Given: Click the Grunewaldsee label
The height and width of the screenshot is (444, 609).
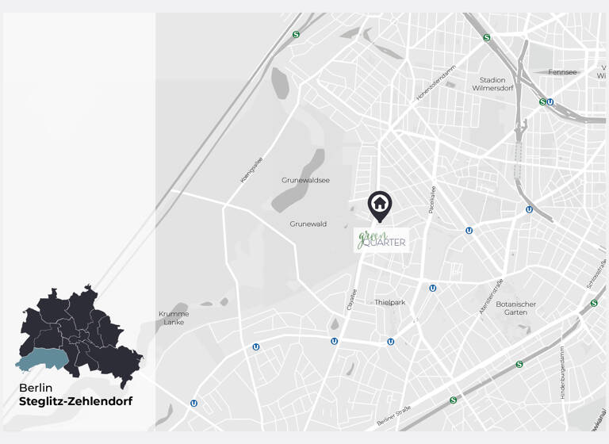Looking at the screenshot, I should [305, 180].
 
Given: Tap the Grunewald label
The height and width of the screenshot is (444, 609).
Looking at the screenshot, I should [308, 224].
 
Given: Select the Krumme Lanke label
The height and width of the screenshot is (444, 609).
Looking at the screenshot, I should [173, 317].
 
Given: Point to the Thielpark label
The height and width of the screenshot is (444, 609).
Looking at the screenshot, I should [390, 302].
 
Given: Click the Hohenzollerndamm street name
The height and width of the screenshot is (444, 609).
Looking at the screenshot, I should [437, 82].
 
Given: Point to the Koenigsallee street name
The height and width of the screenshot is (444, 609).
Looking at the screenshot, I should [251, 170].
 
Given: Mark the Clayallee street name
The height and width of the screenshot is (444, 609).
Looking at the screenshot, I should [352, 299].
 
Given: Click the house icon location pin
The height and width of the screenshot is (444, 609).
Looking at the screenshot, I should [380, 205].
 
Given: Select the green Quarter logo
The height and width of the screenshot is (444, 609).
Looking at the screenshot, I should [381, 239].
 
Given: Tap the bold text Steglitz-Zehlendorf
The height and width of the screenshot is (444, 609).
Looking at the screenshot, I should [76, 402].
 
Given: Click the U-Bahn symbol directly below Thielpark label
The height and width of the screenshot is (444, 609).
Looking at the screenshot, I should [391, 342].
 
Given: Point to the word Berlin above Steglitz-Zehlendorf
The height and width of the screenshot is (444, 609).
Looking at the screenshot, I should [36, 388].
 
